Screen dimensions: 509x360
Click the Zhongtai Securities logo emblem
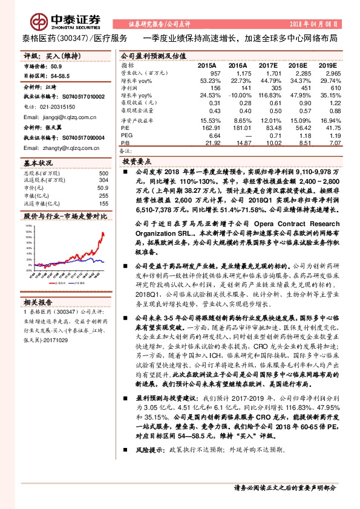click(x=39, y=22)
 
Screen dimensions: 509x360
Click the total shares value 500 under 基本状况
click(x=103, y=173)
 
